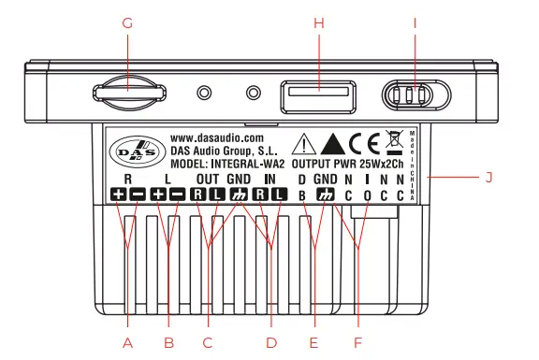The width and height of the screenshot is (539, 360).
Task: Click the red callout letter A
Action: pyautogui.click(x=128, y=342)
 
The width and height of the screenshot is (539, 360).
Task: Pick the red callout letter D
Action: pyautogui.click(x=271, y=342)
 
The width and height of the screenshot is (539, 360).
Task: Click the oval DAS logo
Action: pyautogui.click(x=134, y=151)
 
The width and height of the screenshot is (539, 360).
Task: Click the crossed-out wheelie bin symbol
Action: pyautogui.click(x=393, y=142)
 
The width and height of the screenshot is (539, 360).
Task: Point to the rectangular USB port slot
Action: pyautogui.click(x=318, y=93)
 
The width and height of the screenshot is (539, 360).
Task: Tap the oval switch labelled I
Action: pyautogui.click(x=412, y=95)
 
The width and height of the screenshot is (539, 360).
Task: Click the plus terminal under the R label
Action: pyautogui.click(x=119, y=194)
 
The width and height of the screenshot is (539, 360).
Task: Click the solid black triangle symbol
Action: pyautogui.click(x=331, y=143)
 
